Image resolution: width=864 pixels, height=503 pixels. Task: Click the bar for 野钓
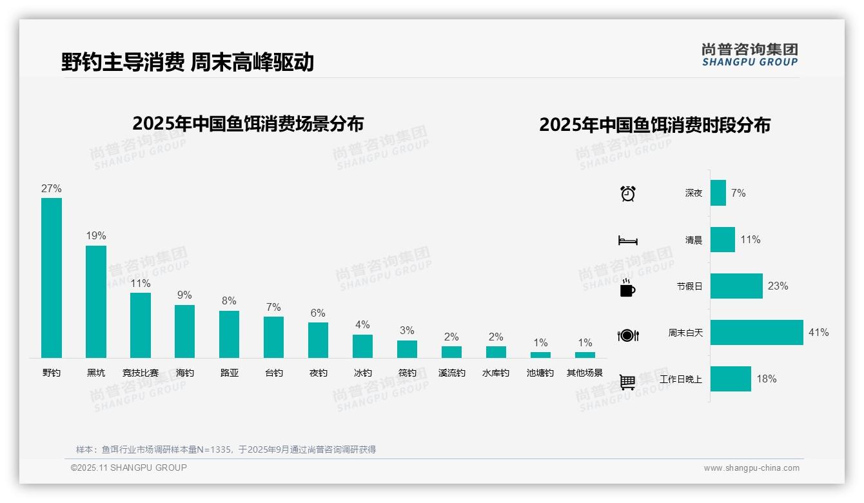pos(52,277)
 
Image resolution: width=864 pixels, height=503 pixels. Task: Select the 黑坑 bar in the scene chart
pos(96,301)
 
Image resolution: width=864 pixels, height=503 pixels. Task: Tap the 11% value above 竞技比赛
pos(141,284)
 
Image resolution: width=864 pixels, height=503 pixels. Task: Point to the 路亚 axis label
pos(229,373)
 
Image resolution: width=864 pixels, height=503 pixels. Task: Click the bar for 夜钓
pos(318,340)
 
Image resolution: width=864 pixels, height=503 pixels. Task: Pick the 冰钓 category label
pos(362,373)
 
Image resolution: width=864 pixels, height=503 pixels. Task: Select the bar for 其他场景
pos(585,355)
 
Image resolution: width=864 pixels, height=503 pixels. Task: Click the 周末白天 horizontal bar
pos(756,333)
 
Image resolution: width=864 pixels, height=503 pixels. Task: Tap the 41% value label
pos(818,333)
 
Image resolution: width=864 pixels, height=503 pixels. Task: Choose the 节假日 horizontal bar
pos(736,286)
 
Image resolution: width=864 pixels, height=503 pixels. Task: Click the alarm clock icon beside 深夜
pos(627,193)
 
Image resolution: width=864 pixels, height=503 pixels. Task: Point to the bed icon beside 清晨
pos(627,241)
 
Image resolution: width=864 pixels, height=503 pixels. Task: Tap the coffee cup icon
pos(627,288)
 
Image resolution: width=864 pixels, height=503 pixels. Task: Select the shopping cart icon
pos(627,382)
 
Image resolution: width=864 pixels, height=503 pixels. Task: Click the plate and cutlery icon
pos(627,335)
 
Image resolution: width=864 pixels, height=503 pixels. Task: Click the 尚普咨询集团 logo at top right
pos(750,55)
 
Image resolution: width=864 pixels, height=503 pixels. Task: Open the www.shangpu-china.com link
pos(751,468)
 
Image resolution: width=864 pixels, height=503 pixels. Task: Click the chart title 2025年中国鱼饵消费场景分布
pos(248,124)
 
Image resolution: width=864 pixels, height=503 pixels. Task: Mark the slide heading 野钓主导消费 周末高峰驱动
pos(188,63)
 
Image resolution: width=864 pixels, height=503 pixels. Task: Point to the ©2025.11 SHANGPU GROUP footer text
pos(129,468)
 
